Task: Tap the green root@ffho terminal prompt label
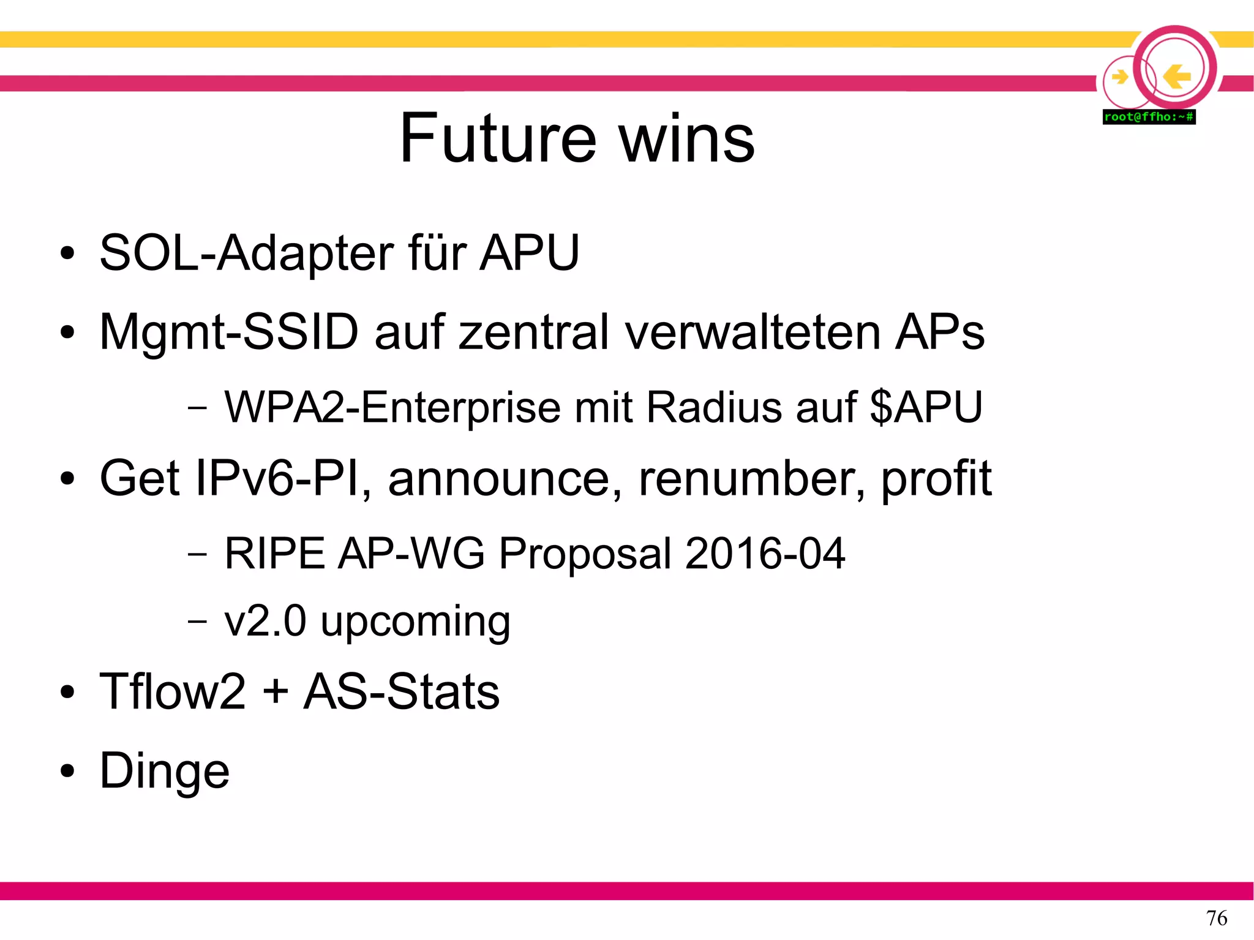(1149, 117)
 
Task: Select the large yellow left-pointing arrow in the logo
(1176, 77)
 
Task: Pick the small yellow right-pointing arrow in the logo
(1120, 77)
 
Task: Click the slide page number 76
(1216, 918)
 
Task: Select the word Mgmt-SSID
(229, 333)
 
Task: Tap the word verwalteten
(753, 333)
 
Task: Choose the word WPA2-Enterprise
(392, 407)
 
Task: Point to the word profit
(936, 479)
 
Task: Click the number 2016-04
(765, 554)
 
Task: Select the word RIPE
(274, 554)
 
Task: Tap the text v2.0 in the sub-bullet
(265, 621)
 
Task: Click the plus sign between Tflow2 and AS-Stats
(276, 692)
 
